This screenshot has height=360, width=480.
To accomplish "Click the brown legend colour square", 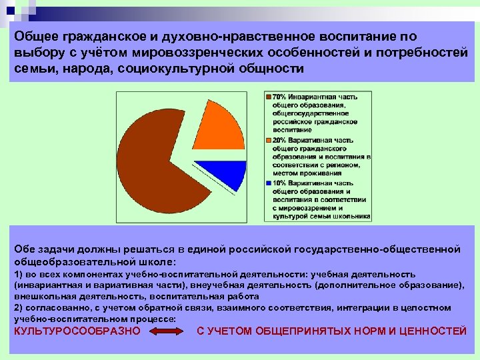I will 269,97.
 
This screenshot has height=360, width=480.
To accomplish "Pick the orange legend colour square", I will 269,141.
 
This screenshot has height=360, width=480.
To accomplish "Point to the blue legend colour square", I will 269,183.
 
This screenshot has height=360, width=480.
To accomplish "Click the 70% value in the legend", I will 279,97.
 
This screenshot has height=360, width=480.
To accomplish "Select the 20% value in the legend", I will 279,141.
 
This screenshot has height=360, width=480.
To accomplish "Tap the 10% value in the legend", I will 279,183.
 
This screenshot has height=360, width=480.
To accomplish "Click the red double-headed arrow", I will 168,331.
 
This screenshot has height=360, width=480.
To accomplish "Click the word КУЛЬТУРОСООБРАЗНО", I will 77,331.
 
